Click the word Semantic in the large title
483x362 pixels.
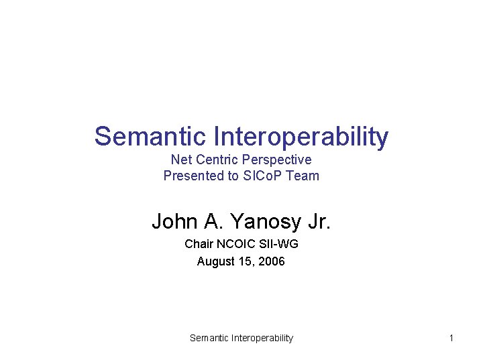click(150, 136)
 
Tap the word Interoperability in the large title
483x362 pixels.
click(301, 137)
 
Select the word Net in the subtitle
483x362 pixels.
click(181, 160)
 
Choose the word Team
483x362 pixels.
click(304, 176)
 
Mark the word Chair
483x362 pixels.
click(199, 244)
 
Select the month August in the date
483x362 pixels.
click(215, 261)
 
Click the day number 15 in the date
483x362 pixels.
click(244, 261)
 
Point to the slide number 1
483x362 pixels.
click(451, 338)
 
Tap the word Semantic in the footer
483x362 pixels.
click(209, 338)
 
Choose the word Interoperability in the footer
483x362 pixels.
click(262, 338)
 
